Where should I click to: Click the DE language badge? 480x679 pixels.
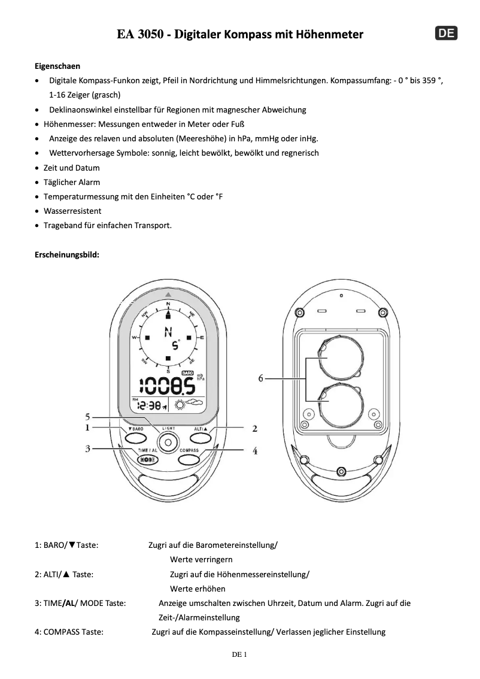coord(445,34)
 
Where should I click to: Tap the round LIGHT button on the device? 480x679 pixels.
coord(168,442)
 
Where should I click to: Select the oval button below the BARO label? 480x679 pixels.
coord(136,438)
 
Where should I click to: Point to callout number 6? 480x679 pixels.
coord(261,378)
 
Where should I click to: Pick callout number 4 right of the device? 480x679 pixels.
coord(255,450)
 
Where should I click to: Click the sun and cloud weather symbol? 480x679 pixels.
coord(189,404)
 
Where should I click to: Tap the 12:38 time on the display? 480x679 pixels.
coord(149,405)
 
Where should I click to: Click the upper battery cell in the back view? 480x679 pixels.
coord(338,359)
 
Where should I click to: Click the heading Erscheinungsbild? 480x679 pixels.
coord(67,254)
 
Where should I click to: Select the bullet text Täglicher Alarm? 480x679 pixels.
coord(72,182)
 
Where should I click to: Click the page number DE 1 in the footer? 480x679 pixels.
coord(239,654)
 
